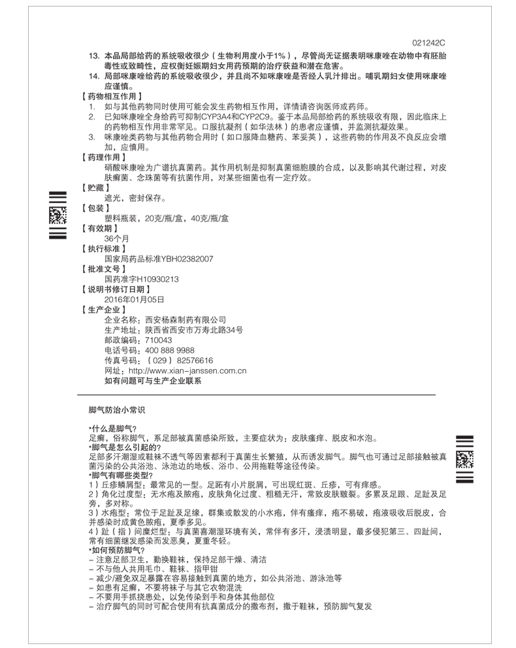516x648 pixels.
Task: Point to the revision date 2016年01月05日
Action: pyautogui.click(x=134, y=299)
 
